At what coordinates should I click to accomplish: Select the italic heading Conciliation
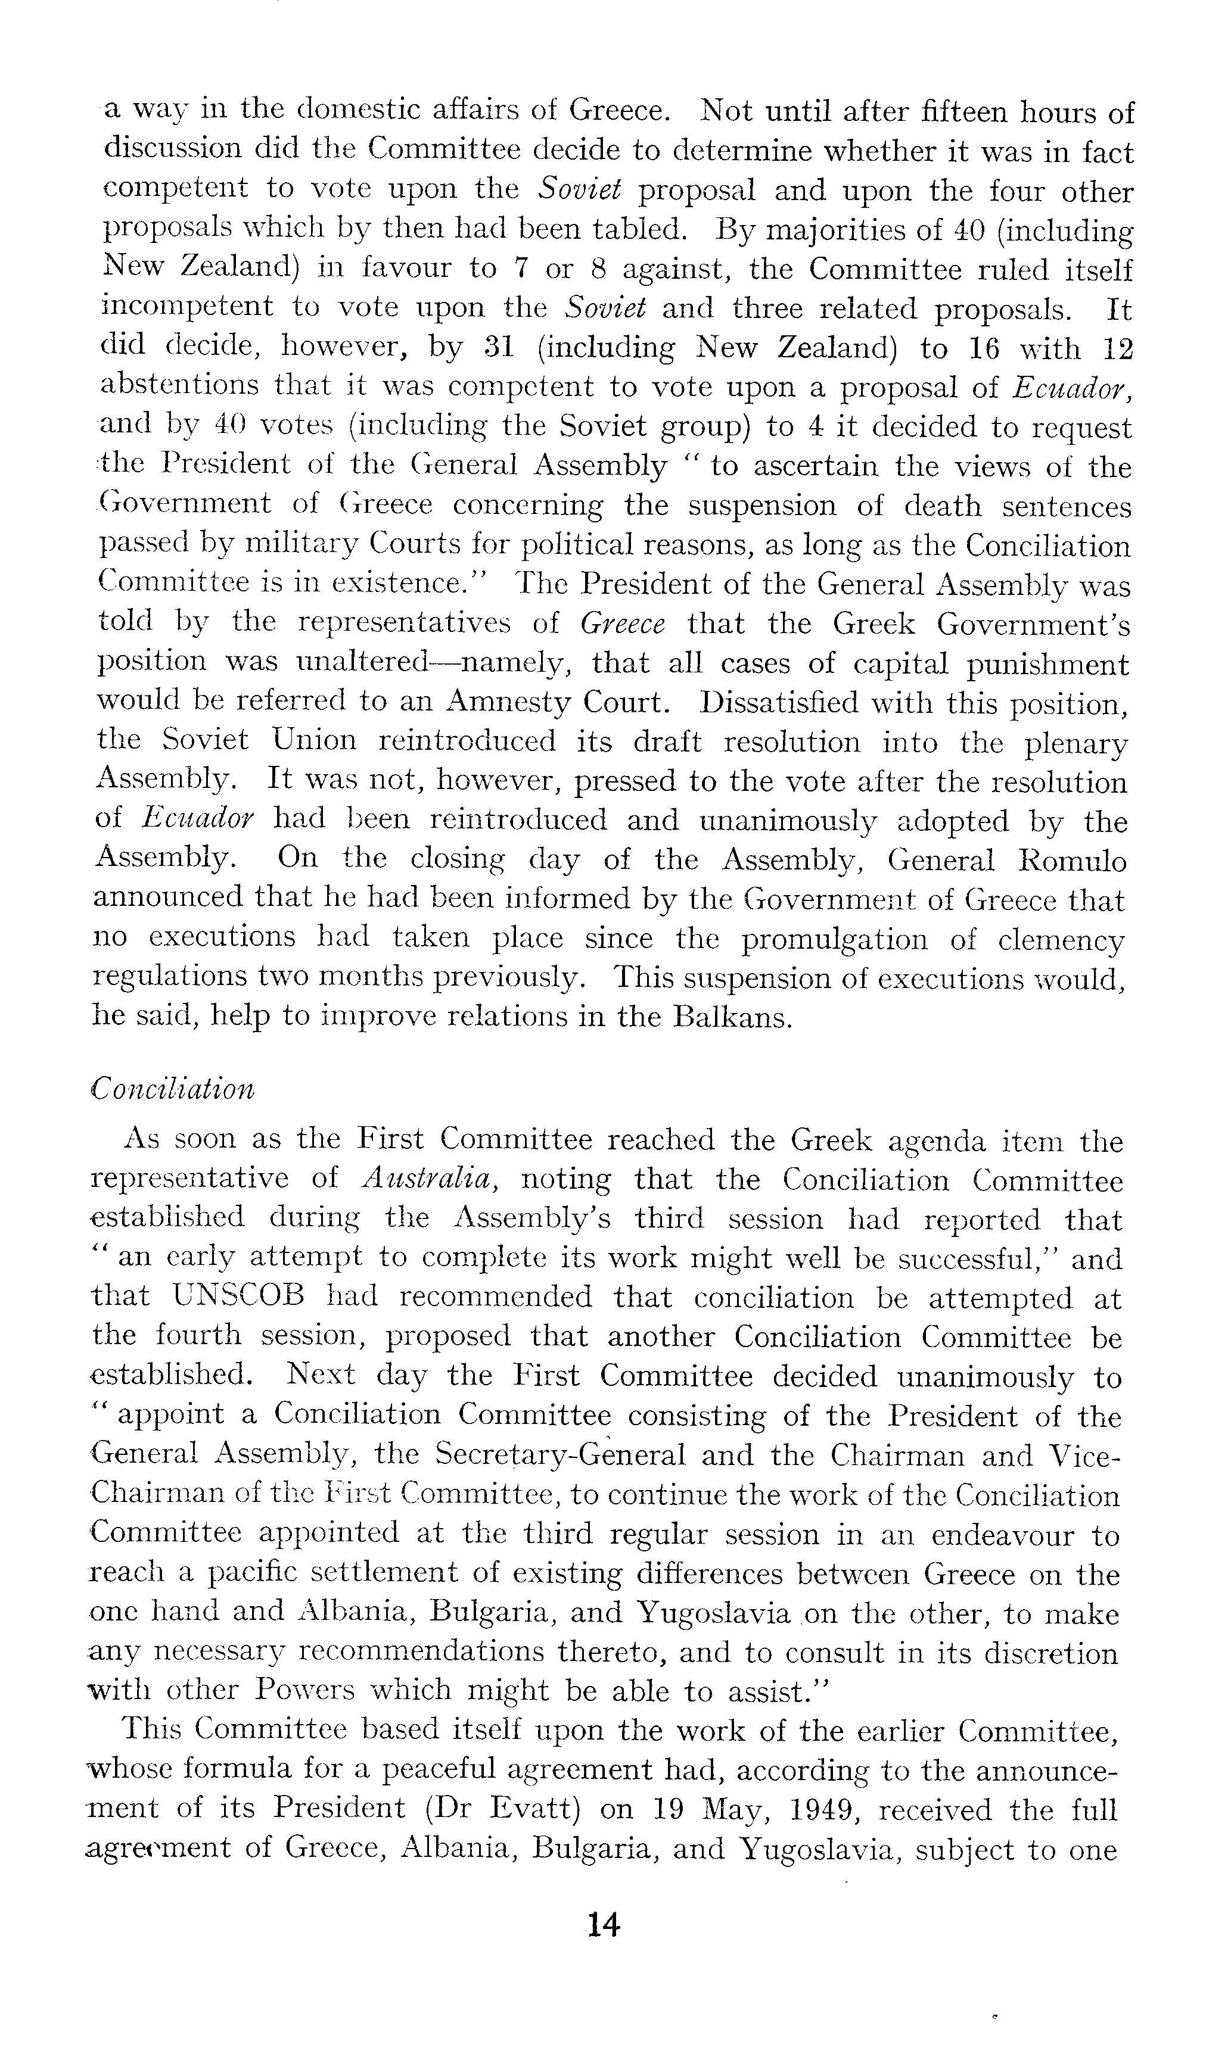click(x=173, y=1088)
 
